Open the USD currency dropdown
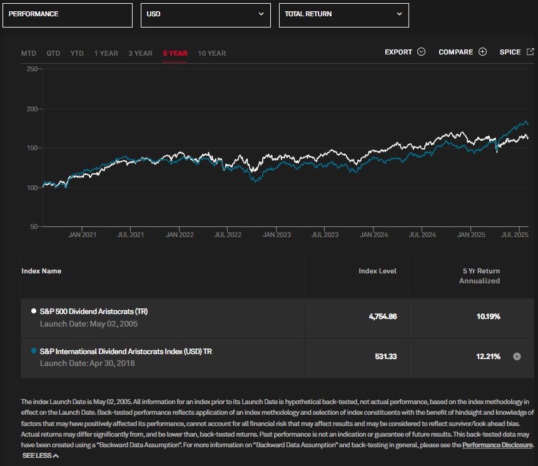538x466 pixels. click(205, 14)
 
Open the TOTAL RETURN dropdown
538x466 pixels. click(343, 14)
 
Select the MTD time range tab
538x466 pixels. click(29, 53)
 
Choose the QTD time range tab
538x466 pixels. click(53, 53)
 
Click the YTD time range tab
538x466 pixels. click(77, 53)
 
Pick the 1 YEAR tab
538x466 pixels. click(106, 53)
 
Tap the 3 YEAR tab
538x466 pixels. click(140, 53)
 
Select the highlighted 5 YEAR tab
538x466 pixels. click(175, 53)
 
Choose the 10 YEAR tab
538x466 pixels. click(211, 53)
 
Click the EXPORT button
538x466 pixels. click(405, 52)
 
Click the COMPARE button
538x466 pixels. click(462, 52)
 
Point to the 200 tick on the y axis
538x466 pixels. click(31, 109)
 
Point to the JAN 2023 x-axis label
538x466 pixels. click(277, 235)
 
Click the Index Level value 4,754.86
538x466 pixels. click(382, 317)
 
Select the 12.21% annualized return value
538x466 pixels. click(488, 356)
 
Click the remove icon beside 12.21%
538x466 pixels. click(517, 356)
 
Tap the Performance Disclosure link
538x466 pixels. click(497, 445)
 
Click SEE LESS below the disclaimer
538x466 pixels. click(41, 455)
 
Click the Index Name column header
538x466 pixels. click(41, 271)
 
